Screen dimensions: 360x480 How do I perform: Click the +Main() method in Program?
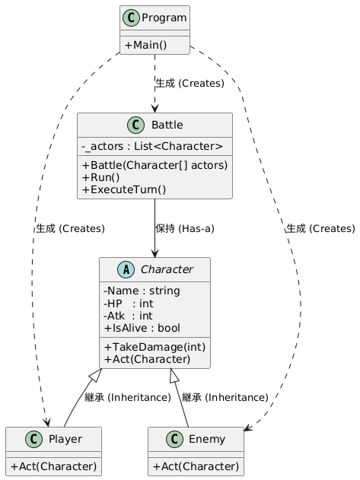pyautogui.click(x=146, y=45)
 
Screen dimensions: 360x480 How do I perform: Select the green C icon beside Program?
pyautogui.click(x=131, y=17)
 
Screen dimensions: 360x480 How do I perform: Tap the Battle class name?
pyautogui.click(x=167, y=125)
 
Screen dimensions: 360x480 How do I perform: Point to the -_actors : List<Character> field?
pyautogui.click(x=152, y=146)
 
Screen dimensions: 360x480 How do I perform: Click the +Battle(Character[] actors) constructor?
pyautogui.click(x=155, y=165)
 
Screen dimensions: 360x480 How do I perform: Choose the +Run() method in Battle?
pyautogui.click(x=100, y=177)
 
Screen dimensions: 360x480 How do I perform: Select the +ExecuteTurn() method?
pyautogui.click(x=124, y=190)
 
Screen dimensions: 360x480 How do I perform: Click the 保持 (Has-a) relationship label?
pyautogui.click(x=185, y=229)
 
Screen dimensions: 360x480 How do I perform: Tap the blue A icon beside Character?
pyautogui.click(x=126, y=270)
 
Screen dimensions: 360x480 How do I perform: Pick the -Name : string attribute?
pyautogui.click(x=142, y=291)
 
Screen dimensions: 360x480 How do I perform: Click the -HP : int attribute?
pyautogui.click(x=129, y=304)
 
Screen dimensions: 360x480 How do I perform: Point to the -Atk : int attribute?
pyautogui.click(x=128, y=316)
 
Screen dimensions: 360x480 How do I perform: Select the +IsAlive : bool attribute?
pyautogui.click(x=142, y=328)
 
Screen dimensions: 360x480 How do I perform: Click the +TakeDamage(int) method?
pyautogui.click(x=155, y=347)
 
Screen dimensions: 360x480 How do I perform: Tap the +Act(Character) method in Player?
pyautogui.click(x=53, y=466)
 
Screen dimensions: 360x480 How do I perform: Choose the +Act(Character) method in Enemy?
pyautogui.click(x=196, y=466)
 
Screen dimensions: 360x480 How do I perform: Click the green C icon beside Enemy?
pyautogui.click(x=174, y=439)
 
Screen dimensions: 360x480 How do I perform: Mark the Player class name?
pyautogui.click(x=65, y=439)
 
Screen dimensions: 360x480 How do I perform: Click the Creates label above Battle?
pyautogui.click(x=190, y=83)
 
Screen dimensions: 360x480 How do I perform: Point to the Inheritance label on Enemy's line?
pyautogui.click(x=225, y=397)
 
